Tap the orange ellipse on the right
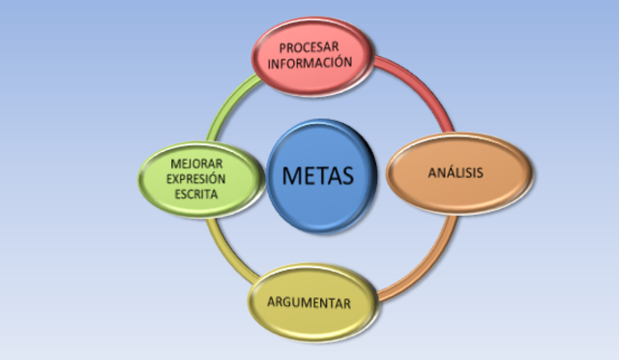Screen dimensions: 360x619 (459, 174)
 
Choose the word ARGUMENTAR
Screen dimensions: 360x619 (309, 304)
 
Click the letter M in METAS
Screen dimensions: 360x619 (292, 176)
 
